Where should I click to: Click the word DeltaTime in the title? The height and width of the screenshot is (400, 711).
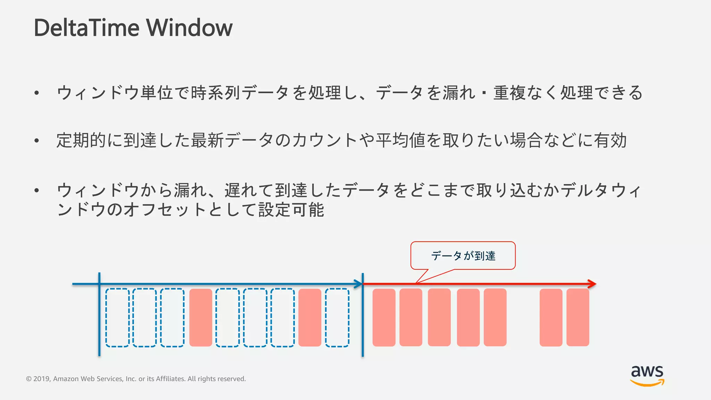(x=87, y=28)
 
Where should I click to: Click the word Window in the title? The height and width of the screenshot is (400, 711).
(x=189, y=28)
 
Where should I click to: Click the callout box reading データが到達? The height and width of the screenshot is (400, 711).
(x=463, y=256)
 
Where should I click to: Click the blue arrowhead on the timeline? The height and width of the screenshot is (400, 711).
(x=358, y=284)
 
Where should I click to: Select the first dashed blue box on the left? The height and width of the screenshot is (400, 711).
(x=117, y=317)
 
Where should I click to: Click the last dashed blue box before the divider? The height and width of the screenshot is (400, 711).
(x=337, y=317)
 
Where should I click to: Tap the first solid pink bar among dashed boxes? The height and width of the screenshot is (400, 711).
(x=201, y=317)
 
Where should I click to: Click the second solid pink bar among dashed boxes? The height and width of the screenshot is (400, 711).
(x=310, y=317)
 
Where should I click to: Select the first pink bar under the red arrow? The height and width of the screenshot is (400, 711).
(x=384, y=317)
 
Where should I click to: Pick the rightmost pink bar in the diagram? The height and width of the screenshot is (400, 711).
(x=578, y=317)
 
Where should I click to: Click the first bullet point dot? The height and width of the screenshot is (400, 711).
(x=36, y=93)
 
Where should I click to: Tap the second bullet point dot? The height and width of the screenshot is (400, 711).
(x=36, y=141)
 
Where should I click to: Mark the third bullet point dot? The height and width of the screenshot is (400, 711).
(x=36, y=190)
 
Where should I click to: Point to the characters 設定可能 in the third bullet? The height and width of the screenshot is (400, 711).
(x=291, y=210)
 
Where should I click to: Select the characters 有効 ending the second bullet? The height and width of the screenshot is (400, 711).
(x=610, y=141)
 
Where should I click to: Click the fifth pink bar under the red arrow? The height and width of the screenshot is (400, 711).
(x=495, y=317)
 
